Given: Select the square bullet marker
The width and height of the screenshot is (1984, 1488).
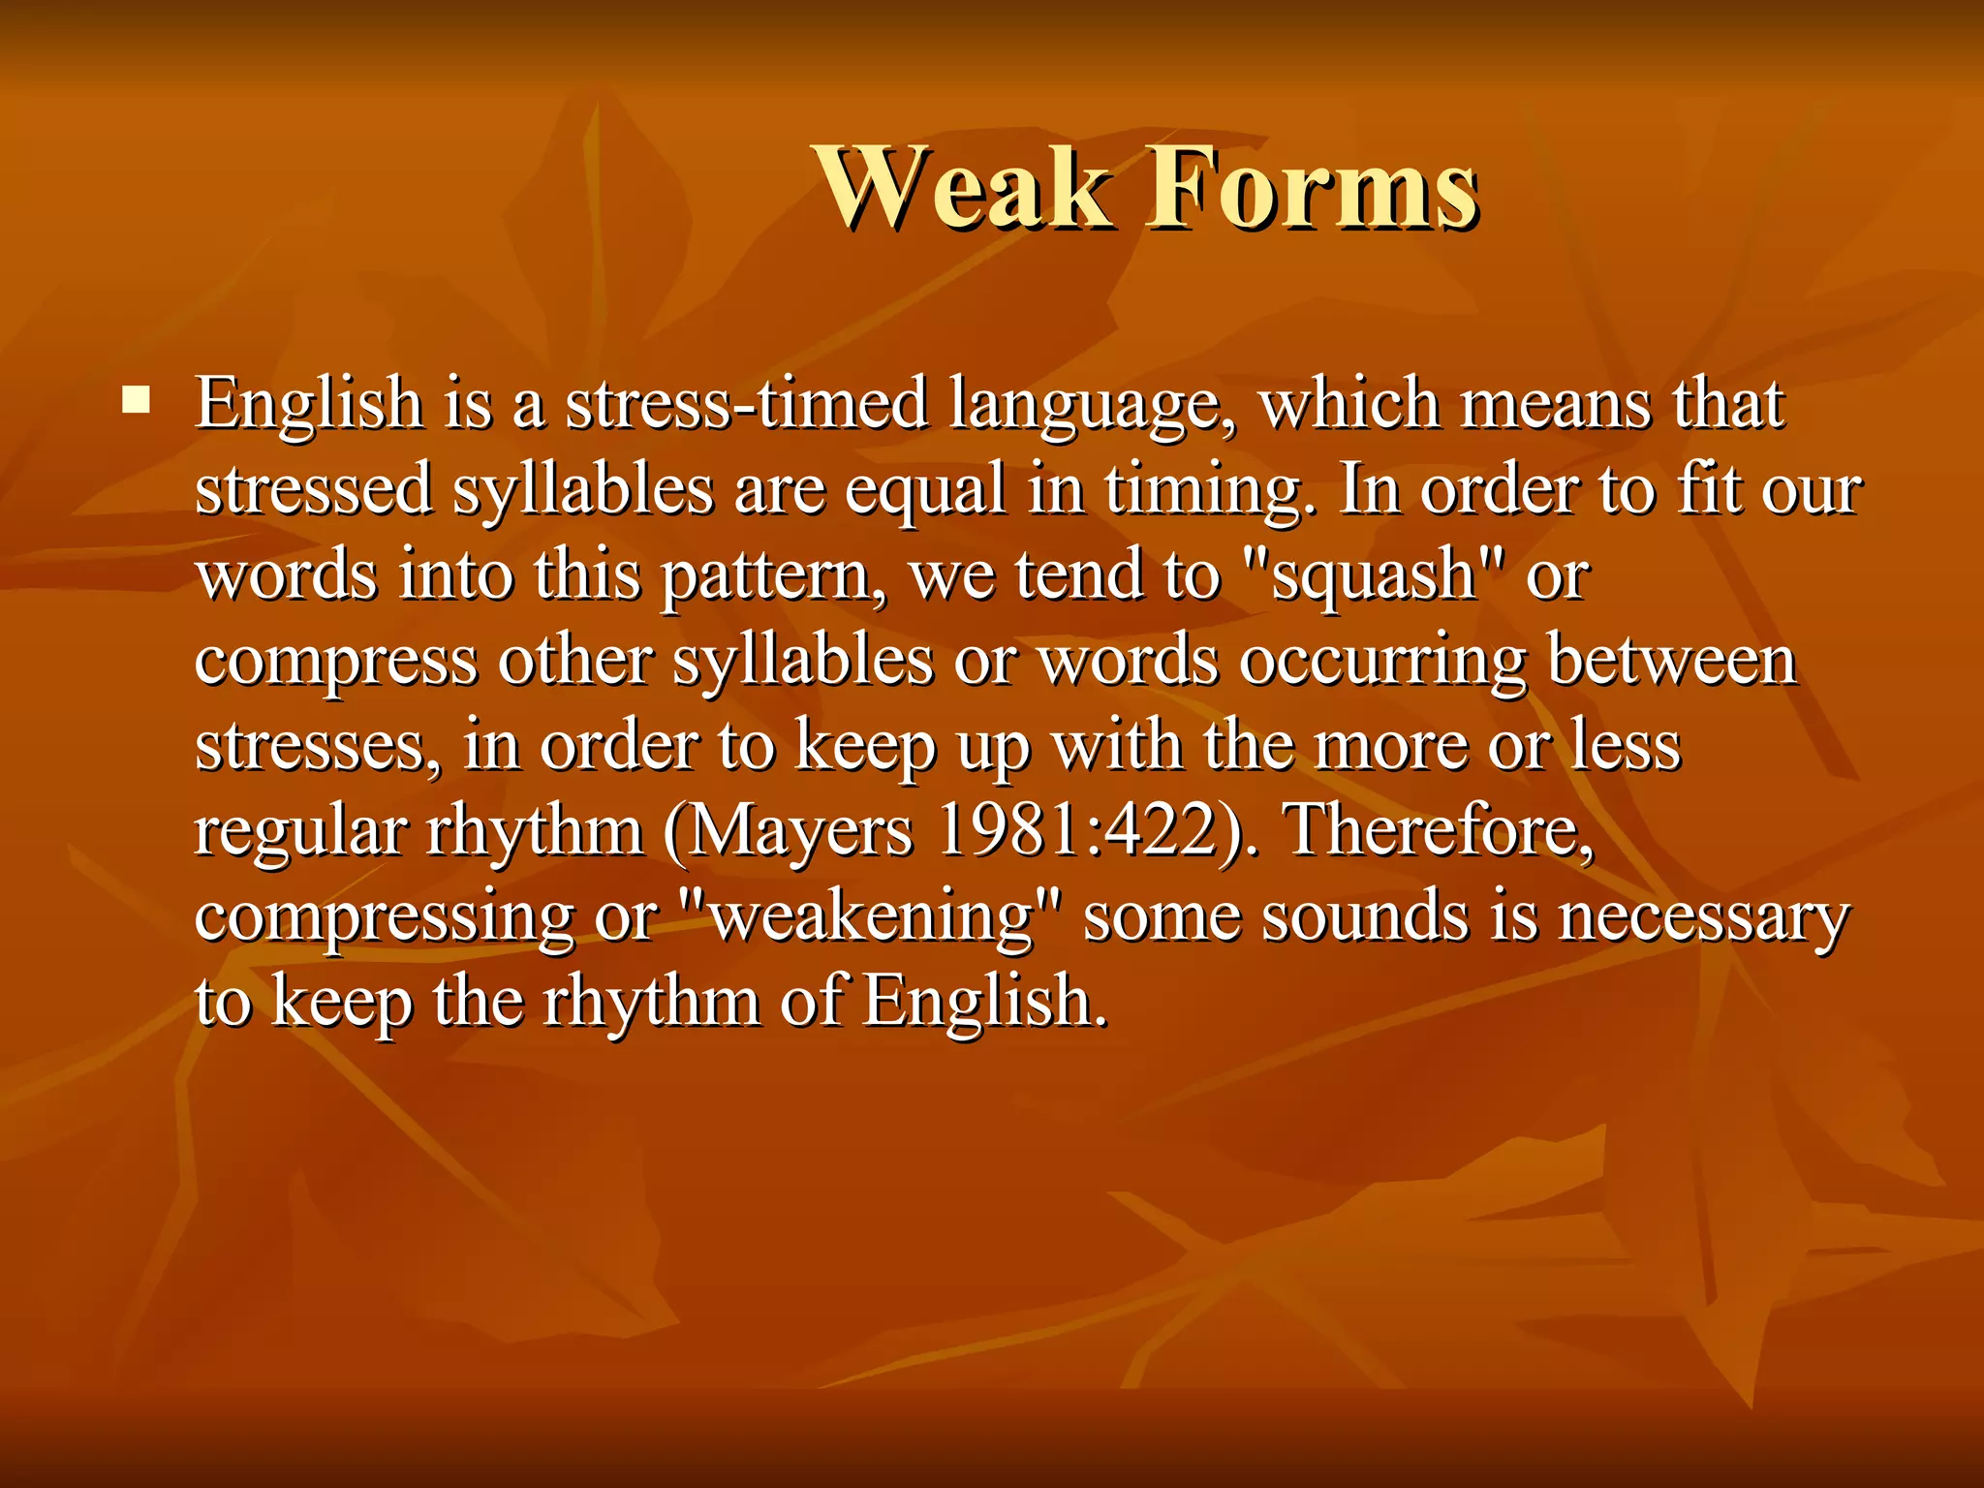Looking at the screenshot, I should pyautogui.click(x=137, y=400).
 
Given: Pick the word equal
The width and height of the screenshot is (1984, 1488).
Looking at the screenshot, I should pyautogui.click(x=925, y=490).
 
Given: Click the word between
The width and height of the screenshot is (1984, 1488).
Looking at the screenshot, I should pyautogui.click(x=1672, y=660).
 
